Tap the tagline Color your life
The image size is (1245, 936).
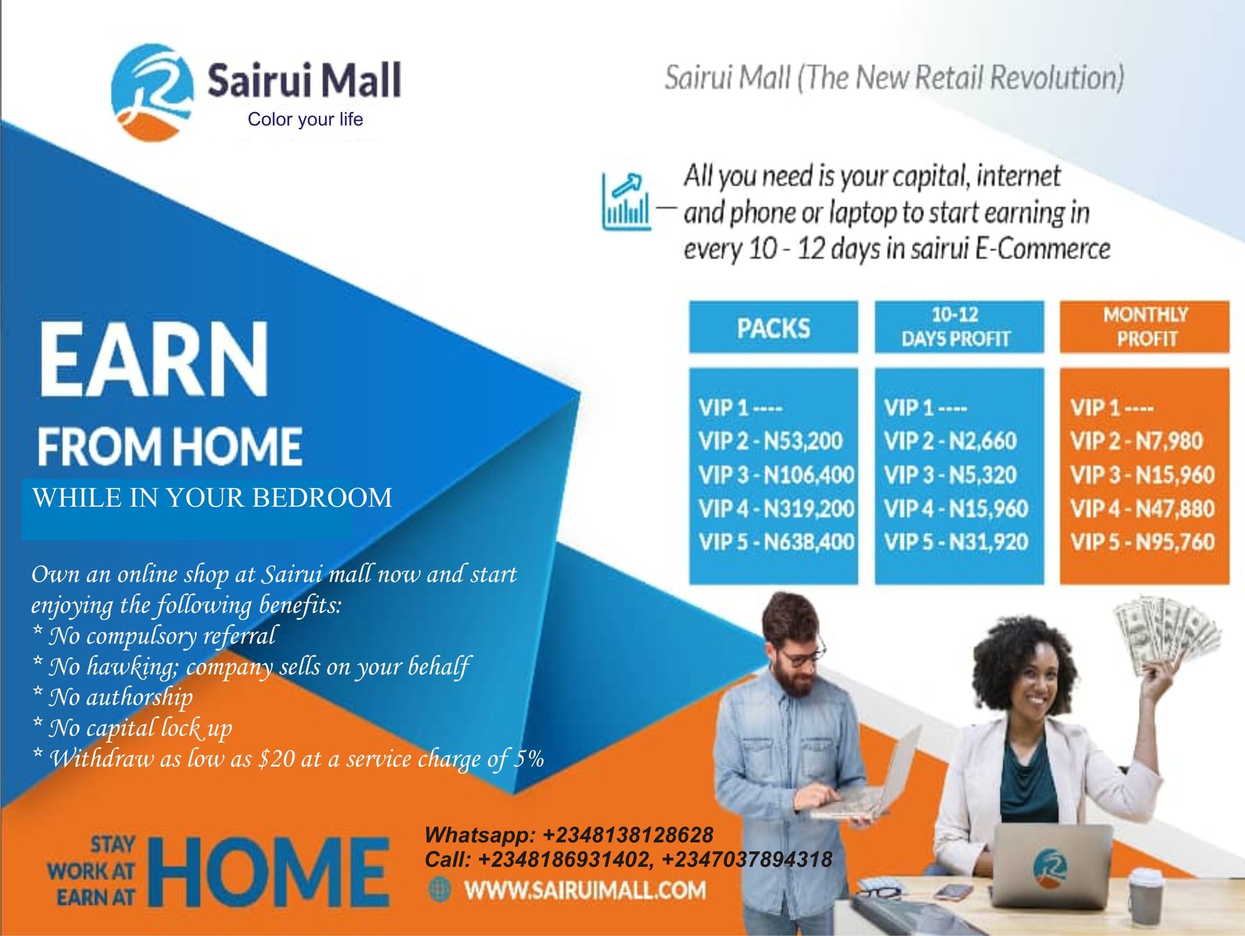[305, 119]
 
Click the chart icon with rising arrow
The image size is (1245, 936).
[626, 201]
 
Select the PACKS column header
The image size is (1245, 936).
[773, 327]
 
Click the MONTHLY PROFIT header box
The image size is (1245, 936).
[1145, 327]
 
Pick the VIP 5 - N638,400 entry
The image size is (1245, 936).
[776, 541]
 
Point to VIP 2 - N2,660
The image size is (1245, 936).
[950, 441]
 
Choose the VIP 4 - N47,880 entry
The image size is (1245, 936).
[1142, 508]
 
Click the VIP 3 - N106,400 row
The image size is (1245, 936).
[776, 475]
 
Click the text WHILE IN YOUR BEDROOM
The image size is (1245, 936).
[212, 498]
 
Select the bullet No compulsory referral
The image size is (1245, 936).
[154, 636]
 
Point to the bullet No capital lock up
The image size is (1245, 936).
[133, 728]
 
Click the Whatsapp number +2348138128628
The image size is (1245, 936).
[627, 835]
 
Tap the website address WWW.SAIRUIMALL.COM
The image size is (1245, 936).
[585, 889]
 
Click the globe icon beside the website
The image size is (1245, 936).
[439, 889]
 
